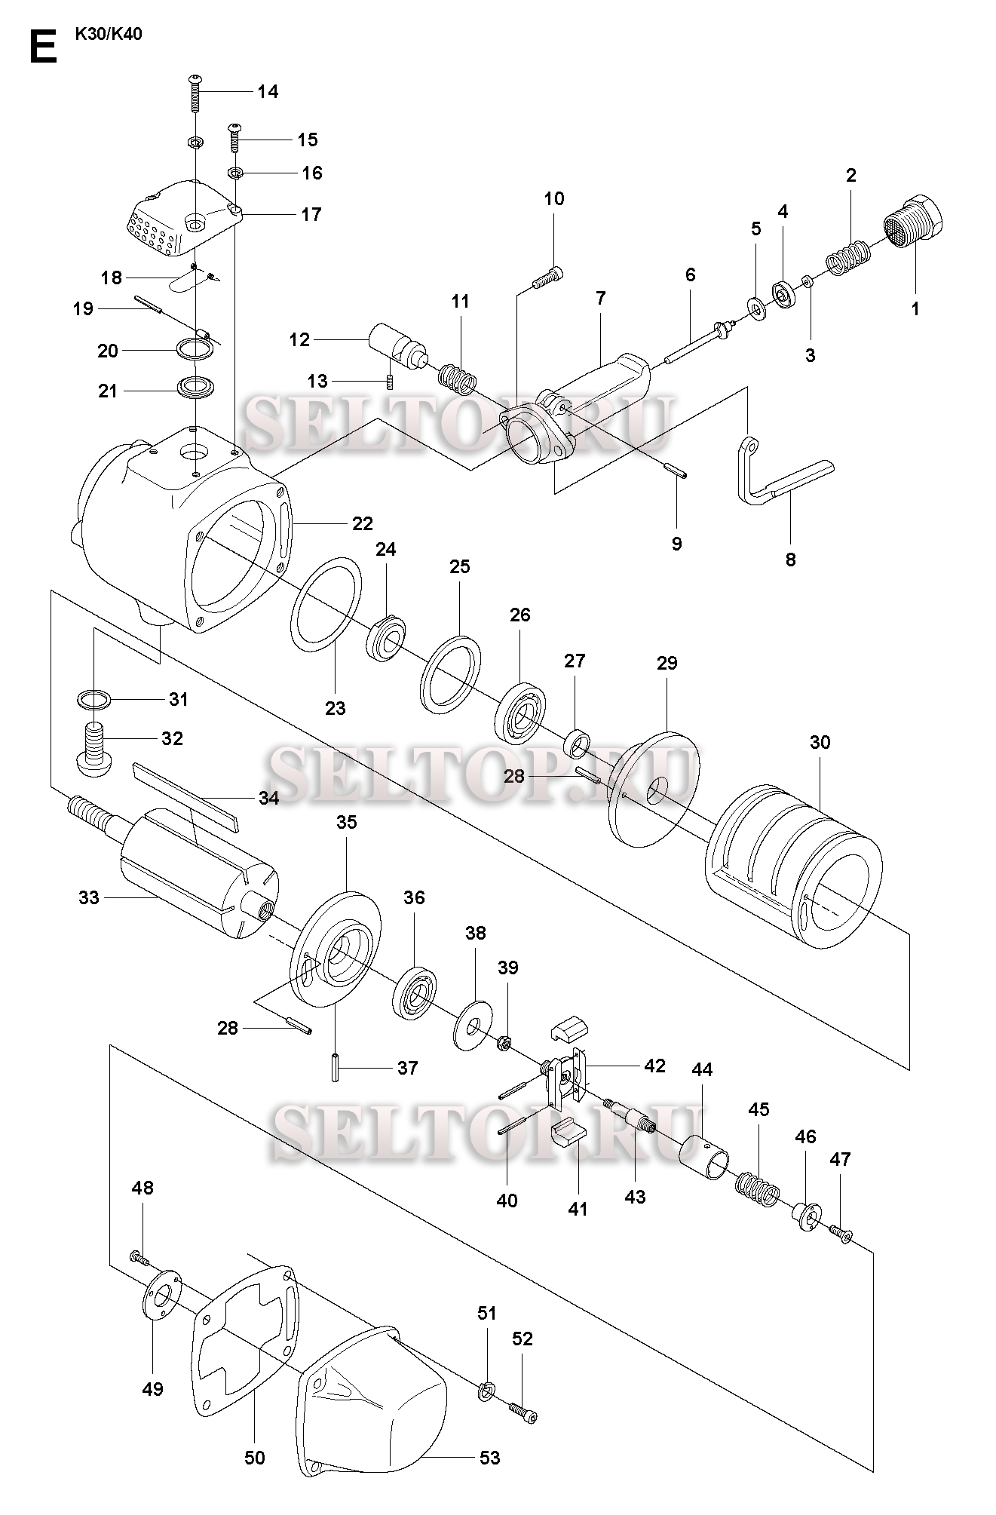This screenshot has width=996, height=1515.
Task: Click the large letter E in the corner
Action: coord(44,47)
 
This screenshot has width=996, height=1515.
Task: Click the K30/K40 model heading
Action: coord(109,34)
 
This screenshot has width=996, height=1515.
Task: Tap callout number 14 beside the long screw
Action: coord(268,92)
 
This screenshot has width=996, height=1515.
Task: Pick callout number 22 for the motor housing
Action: coord(363,523)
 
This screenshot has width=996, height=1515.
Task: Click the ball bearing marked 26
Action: coord(519,710)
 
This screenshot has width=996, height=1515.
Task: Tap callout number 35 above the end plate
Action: coord(346,822)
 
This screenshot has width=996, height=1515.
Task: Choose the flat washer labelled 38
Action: coord(474,1026)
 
